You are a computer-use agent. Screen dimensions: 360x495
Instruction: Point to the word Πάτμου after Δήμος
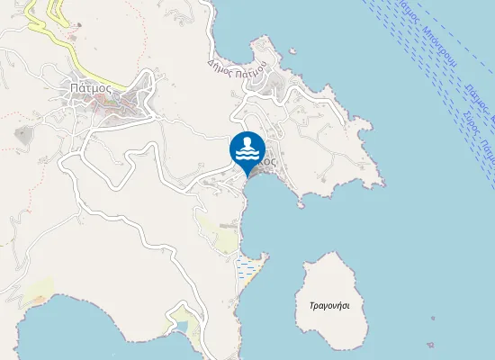pyautogui.click(x=250, y=68)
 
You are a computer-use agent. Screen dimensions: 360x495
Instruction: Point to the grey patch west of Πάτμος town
pyautogui.click(x=22, y=135)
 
